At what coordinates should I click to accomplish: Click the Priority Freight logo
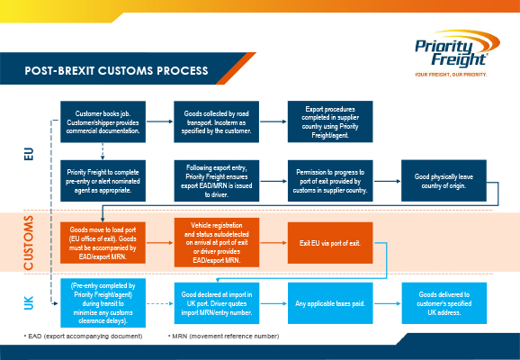(457, 53)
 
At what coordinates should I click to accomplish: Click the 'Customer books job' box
(103, 121)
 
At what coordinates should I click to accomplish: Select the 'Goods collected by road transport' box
(216, 121)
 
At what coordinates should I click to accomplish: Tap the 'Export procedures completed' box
(330, 121)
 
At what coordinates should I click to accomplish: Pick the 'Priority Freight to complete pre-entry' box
(103, 181)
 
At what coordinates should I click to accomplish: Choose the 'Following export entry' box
(216, 181)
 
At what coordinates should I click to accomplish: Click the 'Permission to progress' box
(330, 181)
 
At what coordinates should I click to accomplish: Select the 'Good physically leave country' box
(444, 181)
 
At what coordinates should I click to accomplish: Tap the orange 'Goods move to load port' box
(103, 243)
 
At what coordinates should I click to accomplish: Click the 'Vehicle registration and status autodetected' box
(217, 242)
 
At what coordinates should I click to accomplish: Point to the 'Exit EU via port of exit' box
(330, 243)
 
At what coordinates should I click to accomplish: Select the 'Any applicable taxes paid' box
(330, 303)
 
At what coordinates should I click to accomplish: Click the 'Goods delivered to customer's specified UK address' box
(444, 303)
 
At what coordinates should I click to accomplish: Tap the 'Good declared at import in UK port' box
(217, 303)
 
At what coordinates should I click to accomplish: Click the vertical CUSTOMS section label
(29, 242)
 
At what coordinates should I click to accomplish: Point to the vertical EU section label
(29, 154)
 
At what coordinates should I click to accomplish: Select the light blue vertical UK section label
(29, 303)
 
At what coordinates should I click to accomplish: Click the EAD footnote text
(84, 336)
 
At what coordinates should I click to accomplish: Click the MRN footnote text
(224, 336)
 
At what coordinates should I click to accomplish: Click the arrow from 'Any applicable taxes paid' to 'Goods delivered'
(387, 303)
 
